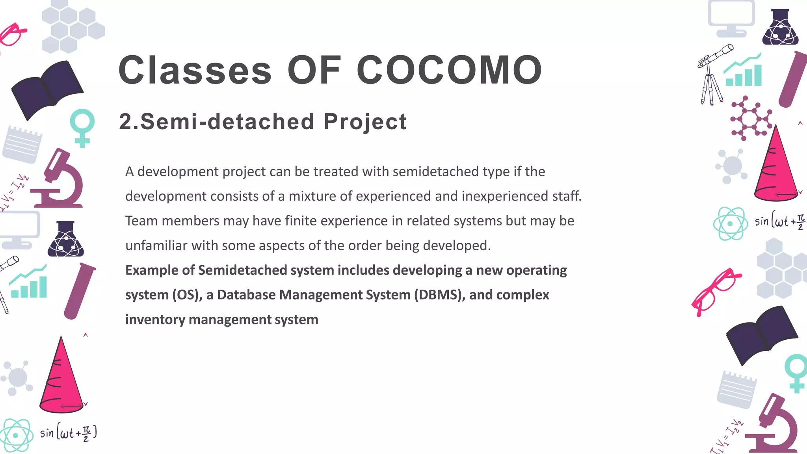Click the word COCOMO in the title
click(449, 70)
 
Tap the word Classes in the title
click(195, 70)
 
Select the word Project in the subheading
click(365, 122)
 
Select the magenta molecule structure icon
click(750, 118)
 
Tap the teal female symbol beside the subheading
click(82, 127)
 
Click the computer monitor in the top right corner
click(731, 18)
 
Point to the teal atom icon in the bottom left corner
click(16, 435)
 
